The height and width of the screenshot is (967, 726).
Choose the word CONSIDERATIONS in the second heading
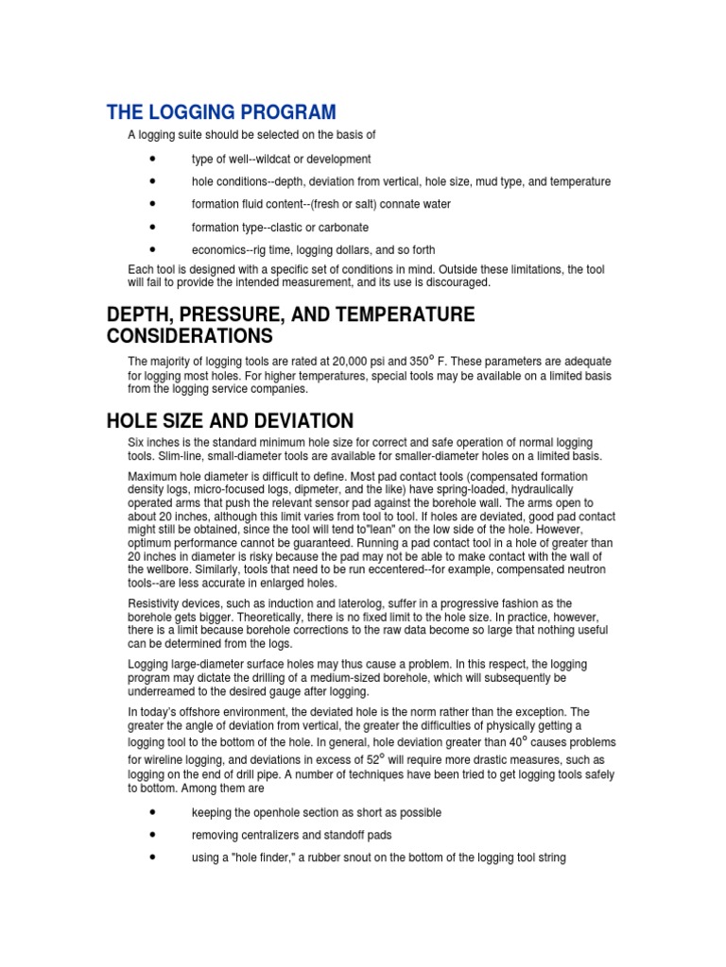coord(190,336)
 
